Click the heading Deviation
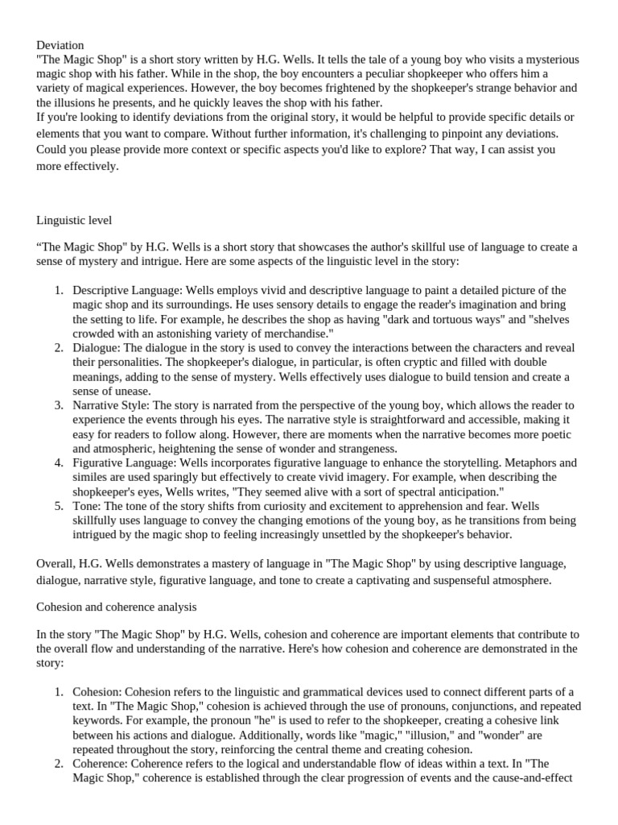tap(60, 46)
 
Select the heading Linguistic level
tap(74, 219)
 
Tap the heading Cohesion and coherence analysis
tap(116, 606)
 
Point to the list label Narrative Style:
tap(111, 404)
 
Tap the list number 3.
tap(59, 404)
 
